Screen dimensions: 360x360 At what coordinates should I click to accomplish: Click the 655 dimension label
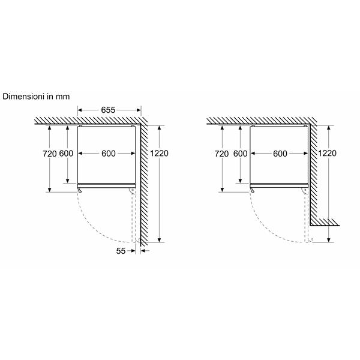click(x=108, y=110)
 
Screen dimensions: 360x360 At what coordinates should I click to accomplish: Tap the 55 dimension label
click(x=121, y=252)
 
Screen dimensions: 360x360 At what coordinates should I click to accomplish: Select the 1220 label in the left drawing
click(x=160, y=153)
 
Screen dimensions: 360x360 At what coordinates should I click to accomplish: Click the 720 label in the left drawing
click(x=49, y=153)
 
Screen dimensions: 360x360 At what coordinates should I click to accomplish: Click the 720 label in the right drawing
click(x=221, y=153)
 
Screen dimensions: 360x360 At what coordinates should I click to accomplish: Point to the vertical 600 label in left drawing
click(x=67, y=153)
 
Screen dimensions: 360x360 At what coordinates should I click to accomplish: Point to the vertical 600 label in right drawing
click(x=240, y=153)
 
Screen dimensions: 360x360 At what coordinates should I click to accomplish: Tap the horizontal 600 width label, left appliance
click(x=108, y=153)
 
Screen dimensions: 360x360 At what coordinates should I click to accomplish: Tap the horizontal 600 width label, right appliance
click(x=280, y=153)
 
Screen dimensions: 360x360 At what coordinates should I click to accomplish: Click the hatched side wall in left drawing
click(x=145, y=180)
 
